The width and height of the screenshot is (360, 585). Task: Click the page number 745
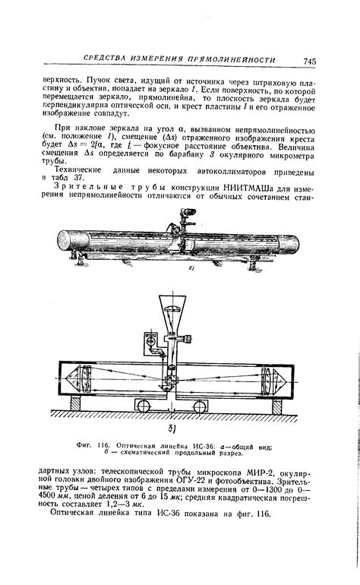click(309, 60)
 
